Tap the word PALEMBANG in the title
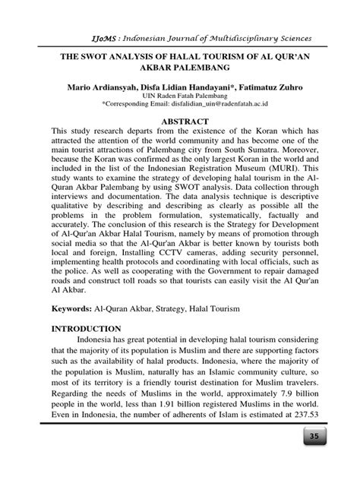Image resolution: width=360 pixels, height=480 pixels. [215, 69]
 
